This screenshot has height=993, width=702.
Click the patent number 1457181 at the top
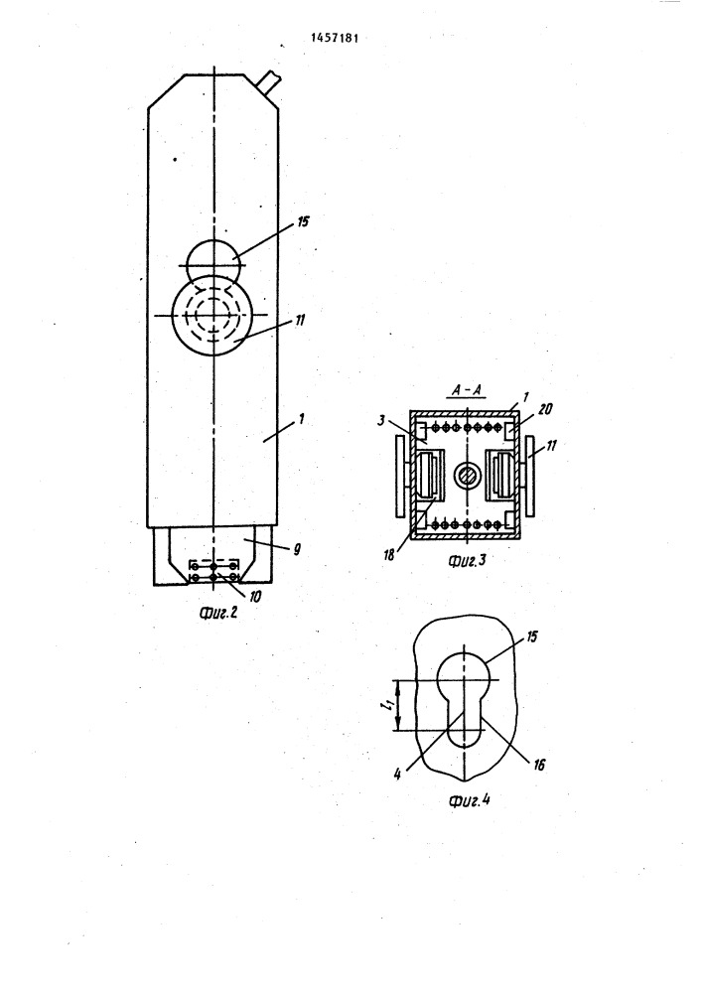335,38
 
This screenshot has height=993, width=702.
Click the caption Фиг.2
217,613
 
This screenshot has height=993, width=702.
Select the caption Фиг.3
467,560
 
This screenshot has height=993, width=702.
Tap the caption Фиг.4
469,799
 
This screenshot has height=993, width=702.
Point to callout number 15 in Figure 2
303,221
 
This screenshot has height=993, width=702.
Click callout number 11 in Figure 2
300,321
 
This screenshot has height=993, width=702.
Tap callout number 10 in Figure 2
255,596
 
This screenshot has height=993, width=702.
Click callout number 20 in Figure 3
545,410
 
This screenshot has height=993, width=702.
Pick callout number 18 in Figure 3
389,555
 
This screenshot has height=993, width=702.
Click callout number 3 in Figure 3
381,419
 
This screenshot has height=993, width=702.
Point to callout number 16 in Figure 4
538,765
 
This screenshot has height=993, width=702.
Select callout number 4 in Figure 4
397,775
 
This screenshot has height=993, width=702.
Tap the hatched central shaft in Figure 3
466,476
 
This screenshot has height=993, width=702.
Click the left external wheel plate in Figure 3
401,475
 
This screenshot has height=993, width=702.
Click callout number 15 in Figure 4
532,637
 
